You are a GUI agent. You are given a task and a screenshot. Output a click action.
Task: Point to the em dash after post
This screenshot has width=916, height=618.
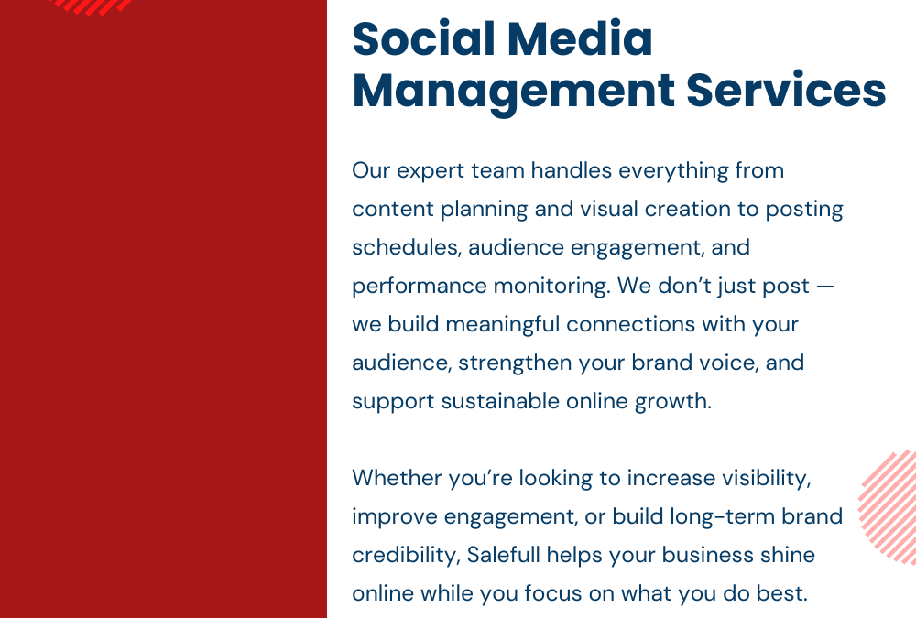824,286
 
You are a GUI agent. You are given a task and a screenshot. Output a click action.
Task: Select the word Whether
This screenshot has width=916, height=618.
397,478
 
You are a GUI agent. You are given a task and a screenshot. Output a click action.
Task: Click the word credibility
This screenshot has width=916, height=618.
406,556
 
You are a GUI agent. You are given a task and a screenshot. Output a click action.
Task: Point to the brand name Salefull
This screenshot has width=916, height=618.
507,555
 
